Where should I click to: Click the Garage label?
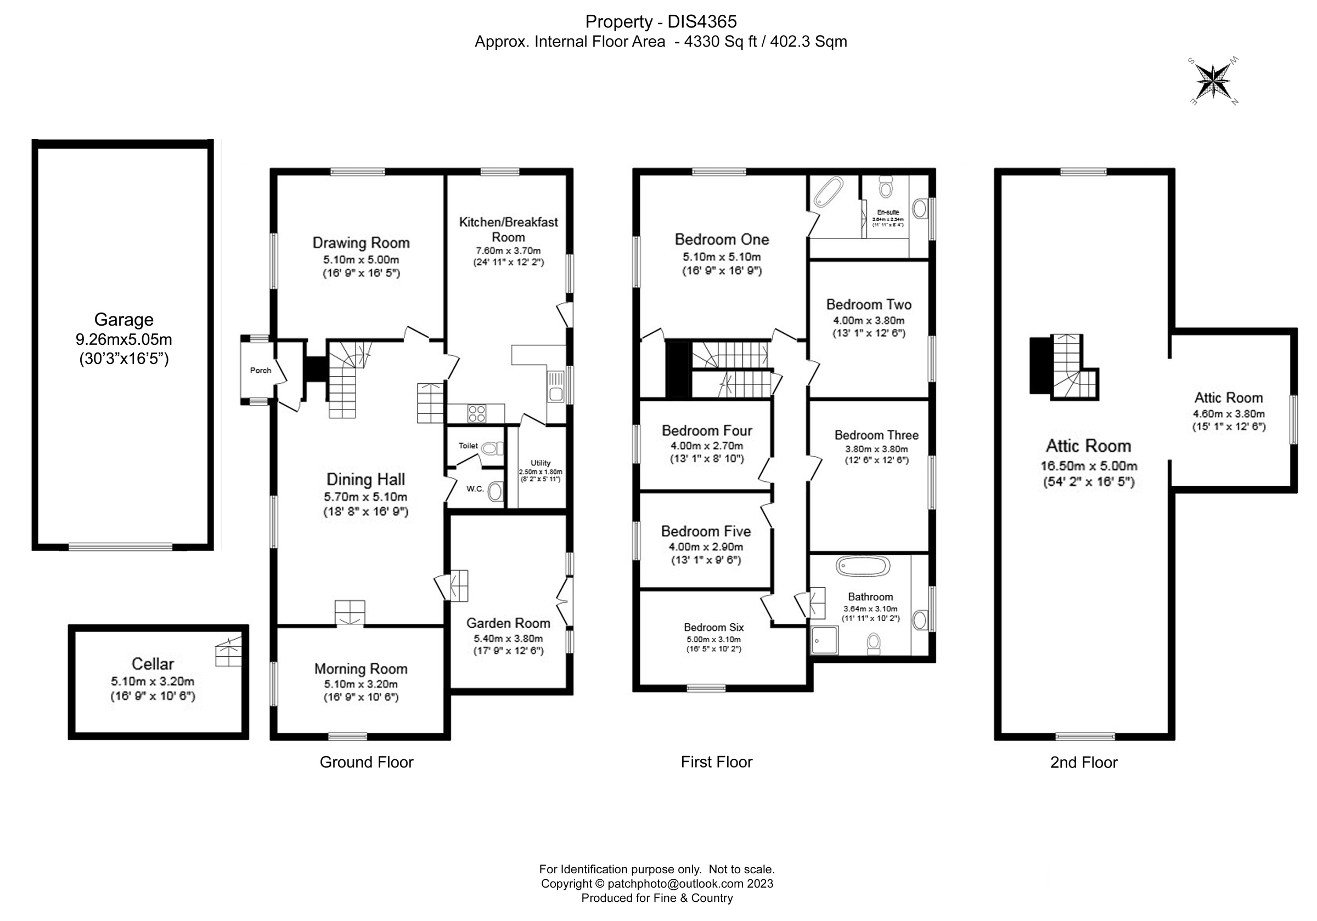123,319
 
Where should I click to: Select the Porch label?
261,370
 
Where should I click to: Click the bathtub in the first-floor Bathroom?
863,566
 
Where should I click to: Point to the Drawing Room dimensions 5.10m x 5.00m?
361,260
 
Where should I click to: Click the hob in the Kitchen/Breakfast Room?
477,413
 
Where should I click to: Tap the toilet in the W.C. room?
495,491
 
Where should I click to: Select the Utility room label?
541,463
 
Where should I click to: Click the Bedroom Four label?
707,430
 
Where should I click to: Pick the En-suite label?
888,212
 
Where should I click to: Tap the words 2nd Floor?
1084,762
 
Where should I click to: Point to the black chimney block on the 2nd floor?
1040,365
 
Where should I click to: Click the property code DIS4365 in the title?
702,22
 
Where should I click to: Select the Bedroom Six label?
713,628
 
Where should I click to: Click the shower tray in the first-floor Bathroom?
824,640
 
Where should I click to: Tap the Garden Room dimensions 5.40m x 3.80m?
508,638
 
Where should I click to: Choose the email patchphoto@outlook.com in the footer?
676,884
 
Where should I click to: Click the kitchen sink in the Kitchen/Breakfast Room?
555,386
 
